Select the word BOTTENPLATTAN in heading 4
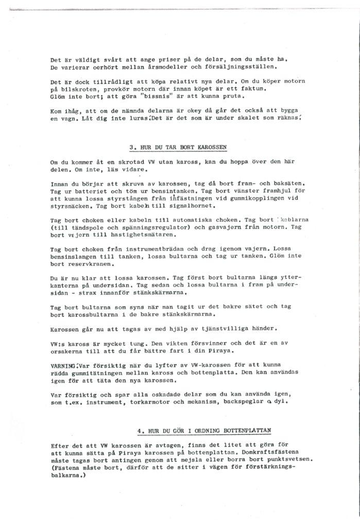tap(246, 430)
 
